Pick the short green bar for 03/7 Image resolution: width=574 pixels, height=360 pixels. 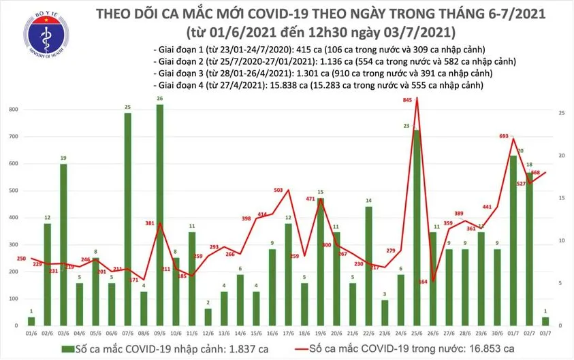545,321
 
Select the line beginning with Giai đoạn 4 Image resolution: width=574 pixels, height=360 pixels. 319,86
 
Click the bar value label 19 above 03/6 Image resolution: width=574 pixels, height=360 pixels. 63,158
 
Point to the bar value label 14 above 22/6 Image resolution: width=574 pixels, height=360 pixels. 368,201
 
